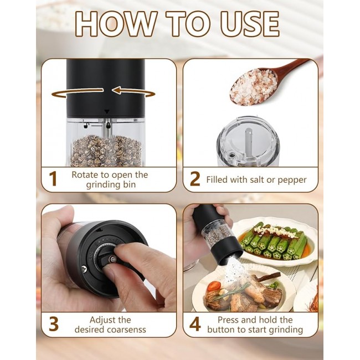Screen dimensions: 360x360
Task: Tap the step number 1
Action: (53, 179)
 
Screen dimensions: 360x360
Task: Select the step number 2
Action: (195, 179)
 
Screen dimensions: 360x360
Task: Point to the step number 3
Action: (54, 324)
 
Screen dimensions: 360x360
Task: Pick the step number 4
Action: (195, 324)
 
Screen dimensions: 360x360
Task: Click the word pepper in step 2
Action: (292, 180)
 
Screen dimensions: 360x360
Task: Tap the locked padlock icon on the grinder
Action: (108, 125)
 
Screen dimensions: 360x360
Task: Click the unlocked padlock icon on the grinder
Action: (86, 125)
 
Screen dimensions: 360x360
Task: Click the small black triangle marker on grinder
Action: (107, 112)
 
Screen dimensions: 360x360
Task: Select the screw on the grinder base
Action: (85, 269)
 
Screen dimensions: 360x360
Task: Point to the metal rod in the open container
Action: (248, 139)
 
